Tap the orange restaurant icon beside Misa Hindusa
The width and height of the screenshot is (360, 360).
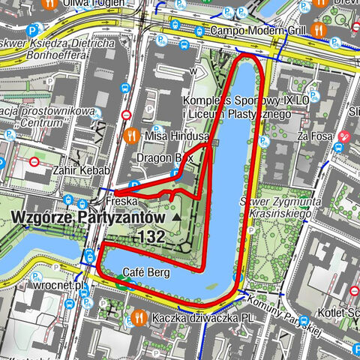[x=131, y=136]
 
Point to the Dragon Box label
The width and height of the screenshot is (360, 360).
[x=164, y=158]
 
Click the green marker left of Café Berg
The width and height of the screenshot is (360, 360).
[x=119, y=282]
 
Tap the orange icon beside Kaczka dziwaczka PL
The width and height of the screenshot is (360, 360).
[x=139, y=318]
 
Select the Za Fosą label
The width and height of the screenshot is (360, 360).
[x=314, y=136]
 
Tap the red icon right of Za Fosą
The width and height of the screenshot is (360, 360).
[x=344, y=136]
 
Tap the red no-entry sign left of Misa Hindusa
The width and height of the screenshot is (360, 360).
[x=126, y=115]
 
